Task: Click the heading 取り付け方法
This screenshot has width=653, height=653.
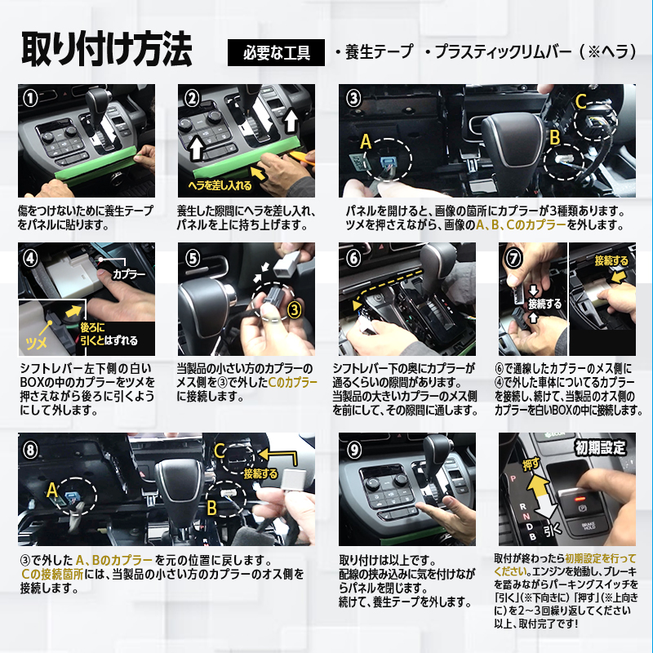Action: point(107,50)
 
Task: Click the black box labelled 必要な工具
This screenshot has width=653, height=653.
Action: point(276,52)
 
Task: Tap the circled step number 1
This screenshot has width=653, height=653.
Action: point(30,98)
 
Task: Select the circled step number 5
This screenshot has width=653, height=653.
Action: point(192,258)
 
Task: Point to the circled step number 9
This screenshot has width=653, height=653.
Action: point(353,450)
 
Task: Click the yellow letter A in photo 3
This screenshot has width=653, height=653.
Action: point(365,141)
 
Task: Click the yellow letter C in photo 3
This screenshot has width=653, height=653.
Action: point(580,101)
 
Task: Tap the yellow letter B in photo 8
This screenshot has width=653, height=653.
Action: point(212,508)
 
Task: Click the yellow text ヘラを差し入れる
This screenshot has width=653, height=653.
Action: point(220,185)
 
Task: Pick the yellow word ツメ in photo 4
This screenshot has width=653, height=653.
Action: point(36,343)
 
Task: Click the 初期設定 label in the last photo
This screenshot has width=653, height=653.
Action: point(600,447)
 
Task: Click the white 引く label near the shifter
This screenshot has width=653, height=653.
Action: point(553,530)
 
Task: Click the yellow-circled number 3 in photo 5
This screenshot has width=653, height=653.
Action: point(294,310)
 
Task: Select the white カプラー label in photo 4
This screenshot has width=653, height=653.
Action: point(129,274)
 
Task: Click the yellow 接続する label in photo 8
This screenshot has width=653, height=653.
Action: point(260,473)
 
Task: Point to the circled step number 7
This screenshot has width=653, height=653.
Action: point(513,258)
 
